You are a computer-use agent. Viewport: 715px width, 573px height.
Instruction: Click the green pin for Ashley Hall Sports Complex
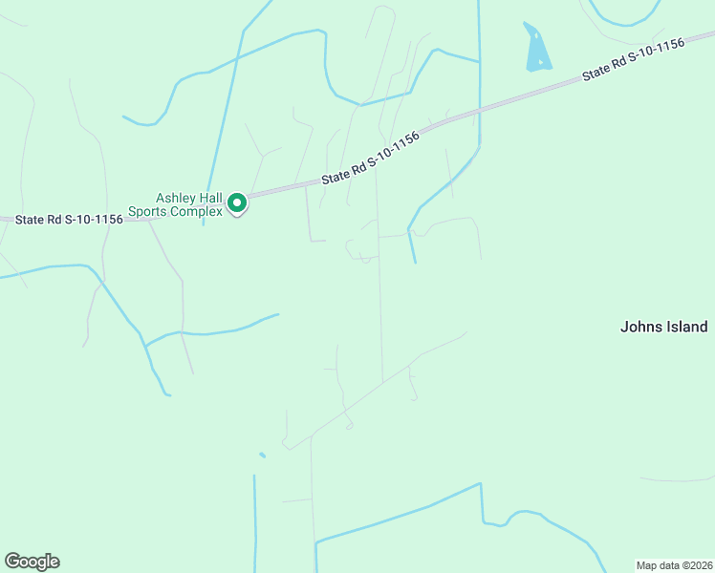237,203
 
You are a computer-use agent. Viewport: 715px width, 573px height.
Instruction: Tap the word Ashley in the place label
176,198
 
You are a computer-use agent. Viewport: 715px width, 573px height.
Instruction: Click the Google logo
32,562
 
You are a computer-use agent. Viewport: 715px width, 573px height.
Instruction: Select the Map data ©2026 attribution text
674,564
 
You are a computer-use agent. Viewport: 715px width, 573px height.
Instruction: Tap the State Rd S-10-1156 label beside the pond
634,62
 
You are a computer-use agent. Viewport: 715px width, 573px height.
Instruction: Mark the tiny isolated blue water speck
262,456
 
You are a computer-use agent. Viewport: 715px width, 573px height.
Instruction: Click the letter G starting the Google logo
12,562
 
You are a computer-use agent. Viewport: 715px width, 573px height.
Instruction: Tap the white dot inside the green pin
237,202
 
